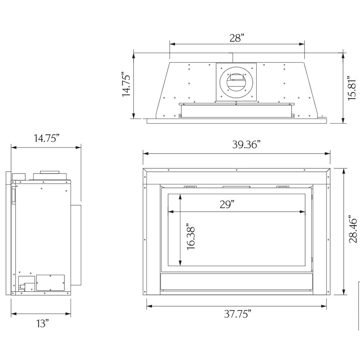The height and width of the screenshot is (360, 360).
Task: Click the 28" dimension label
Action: (237, 38)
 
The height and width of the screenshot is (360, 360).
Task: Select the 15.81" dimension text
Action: (353, 89)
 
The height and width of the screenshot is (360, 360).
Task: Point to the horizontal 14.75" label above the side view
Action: (46, 139)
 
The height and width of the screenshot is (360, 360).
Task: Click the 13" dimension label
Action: (42, 323)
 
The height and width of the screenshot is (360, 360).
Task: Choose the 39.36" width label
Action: (246, 145)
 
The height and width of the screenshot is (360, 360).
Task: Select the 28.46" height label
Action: (354, 229)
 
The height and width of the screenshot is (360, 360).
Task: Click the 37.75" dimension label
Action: (238, 314)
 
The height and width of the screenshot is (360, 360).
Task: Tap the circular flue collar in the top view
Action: (236, 81)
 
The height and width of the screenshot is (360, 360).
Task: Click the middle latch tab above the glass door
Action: (237, 186)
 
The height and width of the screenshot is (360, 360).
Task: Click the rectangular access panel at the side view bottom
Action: (50, 283)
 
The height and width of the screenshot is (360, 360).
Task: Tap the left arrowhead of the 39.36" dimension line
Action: (145, 154)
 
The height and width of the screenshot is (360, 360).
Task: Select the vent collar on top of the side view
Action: (50, 176)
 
